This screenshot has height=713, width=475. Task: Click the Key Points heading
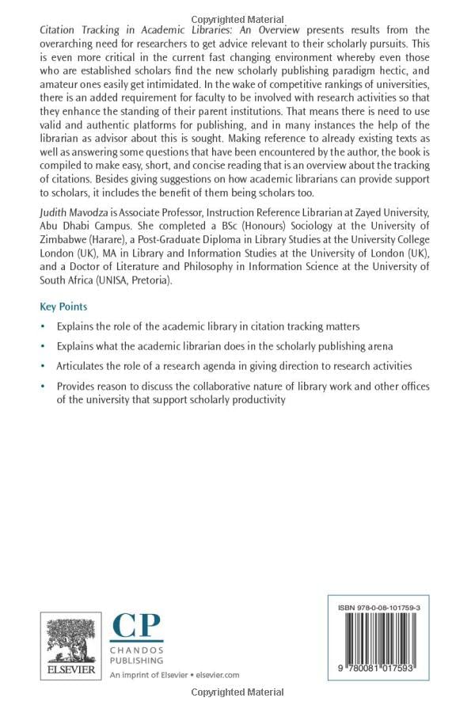tap(63, 307)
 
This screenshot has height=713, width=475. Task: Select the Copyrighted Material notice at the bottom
tap(237, 692)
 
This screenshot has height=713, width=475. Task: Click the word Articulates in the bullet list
tap(82, 366)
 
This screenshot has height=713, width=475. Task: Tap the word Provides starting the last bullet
tap(76, 387)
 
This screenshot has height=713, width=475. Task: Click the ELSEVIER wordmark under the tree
tap(71, 670)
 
